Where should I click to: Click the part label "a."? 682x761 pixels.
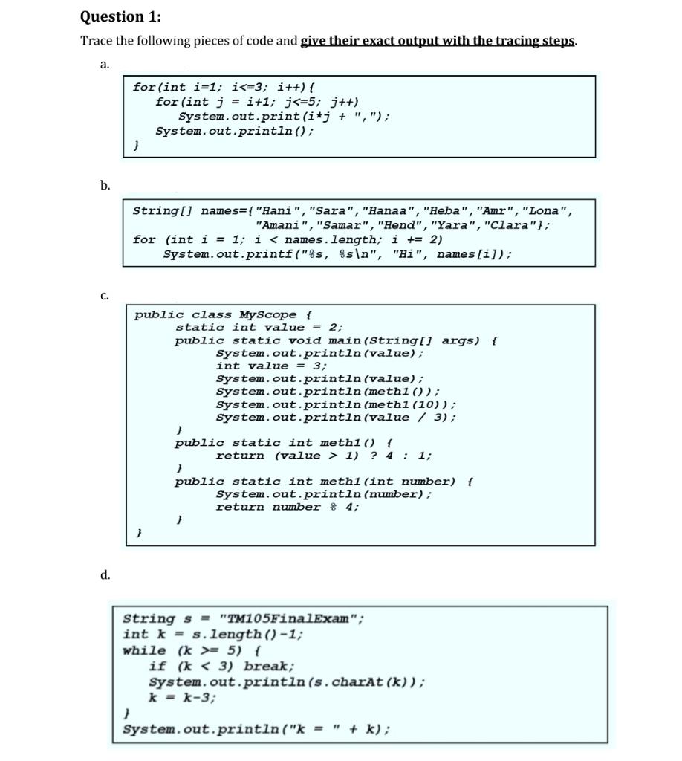pyautogui.click(x=105, y=65)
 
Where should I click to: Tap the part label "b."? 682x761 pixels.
pyautogui.click(x=105, y=185)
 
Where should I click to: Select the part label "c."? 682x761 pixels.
pyautogui.click(x=105, y=296)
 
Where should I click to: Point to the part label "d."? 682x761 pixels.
pyautogui.click(x=105, y=574)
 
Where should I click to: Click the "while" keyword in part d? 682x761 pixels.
pyautogui.click(x=144, y=650)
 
